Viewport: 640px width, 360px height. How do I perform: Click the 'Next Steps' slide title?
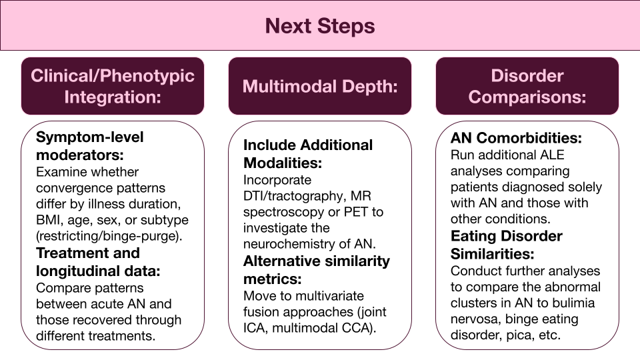click(320, 26)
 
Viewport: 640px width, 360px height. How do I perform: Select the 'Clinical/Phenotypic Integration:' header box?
click(113, 86)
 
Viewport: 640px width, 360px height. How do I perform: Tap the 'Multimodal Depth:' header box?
click(320, 86)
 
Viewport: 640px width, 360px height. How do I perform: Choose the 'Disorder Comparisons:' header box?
click(527, 86)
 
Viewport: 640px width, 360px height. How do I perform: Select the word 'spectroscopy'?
click(280, 213)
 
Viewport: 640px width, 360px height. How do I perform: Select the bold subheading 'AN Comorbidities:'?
click(516, 138)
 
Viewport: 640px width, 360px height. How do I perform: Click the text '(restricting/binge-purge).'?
click(109, 236)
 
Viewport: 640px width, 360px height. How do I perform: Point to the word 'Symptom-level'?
click(90, 137)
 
